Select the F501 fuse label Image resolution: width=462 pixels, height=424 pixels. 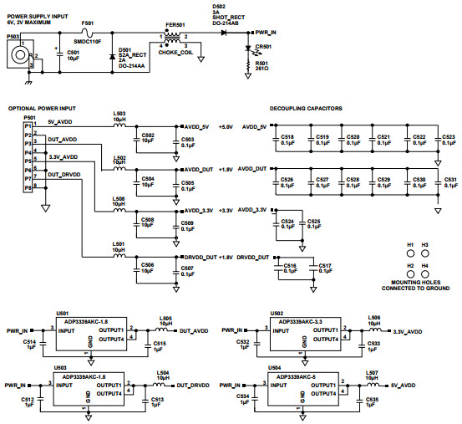click(x=88, y=25)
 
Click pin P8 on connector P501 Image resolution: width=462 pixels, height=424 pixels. click(x=28, y=187)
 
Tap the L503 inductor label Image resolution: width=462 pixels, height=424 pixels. click(x=119, y=115)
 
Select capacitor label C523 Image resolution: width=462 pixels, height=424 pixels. click(x=449, y=135)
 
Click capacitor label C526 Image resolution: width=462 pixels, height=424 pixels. click(x=287, y=179)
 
